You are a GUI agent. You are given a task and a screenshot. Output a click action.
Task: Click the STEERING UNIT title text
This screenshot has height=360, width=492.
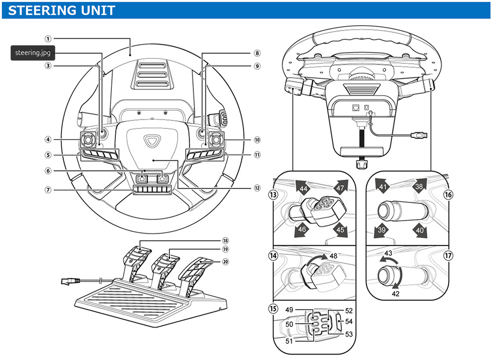pos(62,10)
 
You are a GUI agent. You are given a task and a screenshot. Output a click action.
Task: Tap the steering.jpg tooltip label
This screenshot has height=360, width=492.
pos(32,53)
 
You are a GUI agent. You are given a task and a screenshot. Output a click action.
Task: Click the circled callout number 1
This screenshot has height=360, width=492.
pos(48,39)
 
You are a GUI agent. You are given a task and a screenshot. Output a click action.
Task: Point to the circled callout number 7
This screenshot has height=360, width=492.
pos(48,190)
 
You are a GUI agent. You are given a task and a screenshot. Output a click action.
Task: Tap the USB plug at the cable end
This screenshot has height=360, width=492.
pos(422,135)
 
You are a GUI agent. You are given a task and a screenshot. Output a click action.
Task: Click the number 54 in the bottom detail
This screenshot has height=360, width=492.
pos(349,321)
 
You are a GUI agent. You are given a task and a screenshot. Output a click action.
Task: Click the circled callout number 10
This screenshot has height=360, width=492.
pos(257,140)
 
